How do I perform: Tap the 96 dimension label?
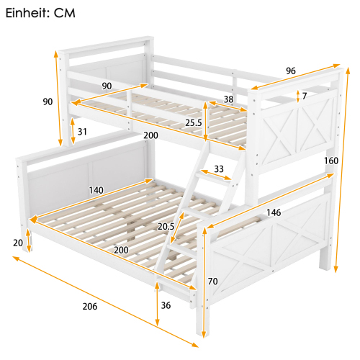(x=290, y=71)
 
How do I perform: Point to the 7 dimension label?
(x=305, y=96)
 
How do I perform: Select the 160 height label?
(x=331, y=161)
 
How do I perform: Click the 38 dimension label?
(x=228, y=100)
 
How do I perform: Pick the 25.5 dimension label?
(x=193, y=123)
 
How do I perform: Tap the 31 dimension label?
(x=83, y=131)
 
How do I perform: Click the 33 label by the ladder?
(x=219, y=170)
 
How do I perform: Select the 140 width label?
(x=96, y=190)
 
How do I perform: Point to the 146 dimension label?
(x=274, y=212)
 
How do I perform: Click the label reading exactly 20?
(x=17, y=243)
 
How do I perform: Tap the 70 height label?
(x=212, y=282)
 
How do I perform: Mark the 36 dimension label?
(x=166, y=305)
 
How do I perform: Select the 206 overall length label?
(x=89, y=307)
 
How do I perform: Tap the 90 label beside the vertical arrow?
(x=48, y=102)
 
